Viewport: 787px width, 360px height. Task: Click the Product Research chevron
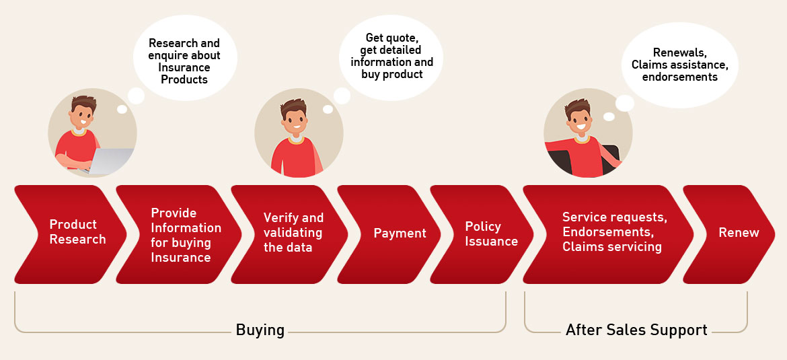(70, 234)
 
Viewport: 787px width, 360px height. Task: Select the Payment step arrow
(389, 234)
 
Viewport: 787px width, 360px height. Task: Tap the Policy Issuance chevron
(482, 234)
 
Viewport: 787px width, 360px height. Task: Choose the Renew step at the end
(728, 234)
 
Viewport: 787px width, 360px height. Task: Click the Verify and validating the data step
(290, 234)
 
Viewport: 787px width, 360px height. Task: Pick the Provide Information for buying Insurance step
(179, 234)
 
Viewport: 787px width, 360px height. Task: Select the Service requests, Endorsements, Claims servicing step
(608, 234)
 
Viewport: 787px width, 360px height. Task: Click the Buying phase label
(260, 330)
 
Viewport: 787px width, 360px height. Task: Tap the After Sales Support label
(636, 330)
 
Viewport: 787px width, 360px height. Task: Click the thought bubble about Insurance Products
(185, 58)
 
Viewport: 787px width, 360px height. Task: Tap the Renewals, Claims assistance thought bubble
(680, 65)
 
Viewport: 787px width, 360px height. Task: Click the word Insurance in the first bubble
(184, 68)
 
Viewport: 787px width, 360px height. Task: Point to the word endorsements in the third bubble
(680, 77)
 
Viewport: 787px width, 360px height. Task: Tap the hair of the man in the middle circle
(293, 107)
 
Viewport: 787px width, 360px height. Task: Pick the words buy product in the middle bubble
(392, 74)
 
